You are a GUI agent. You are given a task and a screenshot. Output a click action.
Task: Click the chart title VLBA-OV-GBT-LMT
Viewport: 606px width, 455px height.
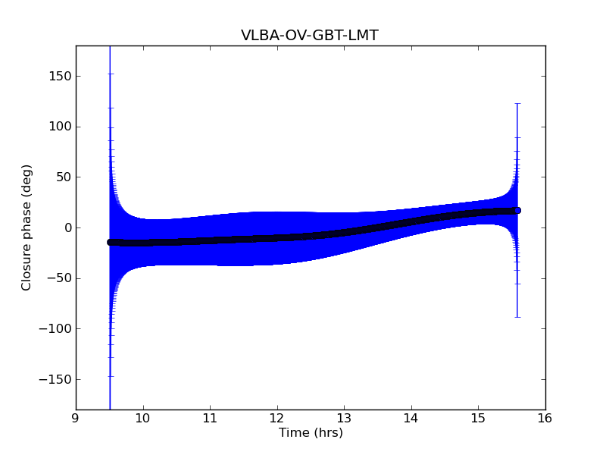(310, 35)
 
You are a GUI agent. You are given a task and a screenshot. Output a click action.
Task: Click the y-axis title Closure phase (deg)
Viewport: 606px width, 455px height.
(27, 227)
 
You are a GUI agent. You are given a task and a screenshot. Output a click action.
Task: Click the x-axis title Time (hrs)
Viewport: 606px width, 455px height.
(311, 433)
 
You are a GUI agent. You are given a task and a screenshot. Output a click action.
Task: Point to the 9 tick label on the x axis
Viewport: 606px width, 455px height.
(76, 418)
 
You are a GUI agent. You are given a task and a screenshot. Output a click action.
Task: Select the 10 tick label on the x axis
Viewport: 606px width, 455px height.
(142, 418)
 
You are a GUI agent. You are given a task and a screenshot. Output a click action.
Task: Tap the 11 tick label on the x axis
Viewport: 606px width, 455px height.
(210, 418)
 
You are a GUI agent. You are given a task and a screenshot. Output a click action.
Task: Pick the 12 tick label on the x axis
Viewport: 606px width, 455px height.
(276, 418)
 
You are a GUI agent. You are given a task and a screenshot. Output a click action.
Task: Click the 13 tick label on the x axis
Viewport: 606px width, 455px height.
(344, 418)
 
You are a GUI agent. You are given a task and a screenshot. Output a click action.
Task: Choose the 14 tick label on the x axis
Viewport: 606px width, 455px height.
(411, 418)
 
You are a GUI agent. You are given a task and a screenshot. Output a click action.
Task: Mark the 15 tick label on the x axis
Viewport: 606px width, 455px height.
(478, 418)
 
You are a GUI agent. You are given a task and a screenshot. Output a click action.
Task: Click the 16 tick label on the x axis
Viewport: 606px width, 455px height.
(545, 418)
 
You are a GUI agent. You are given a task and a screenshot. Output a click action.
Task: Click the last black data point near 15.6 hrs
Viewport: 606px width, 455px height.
(517, 210)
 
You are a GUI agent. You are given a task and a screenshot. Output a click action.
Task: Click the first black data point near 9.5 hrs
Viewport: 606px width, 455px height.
(110, 242)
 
